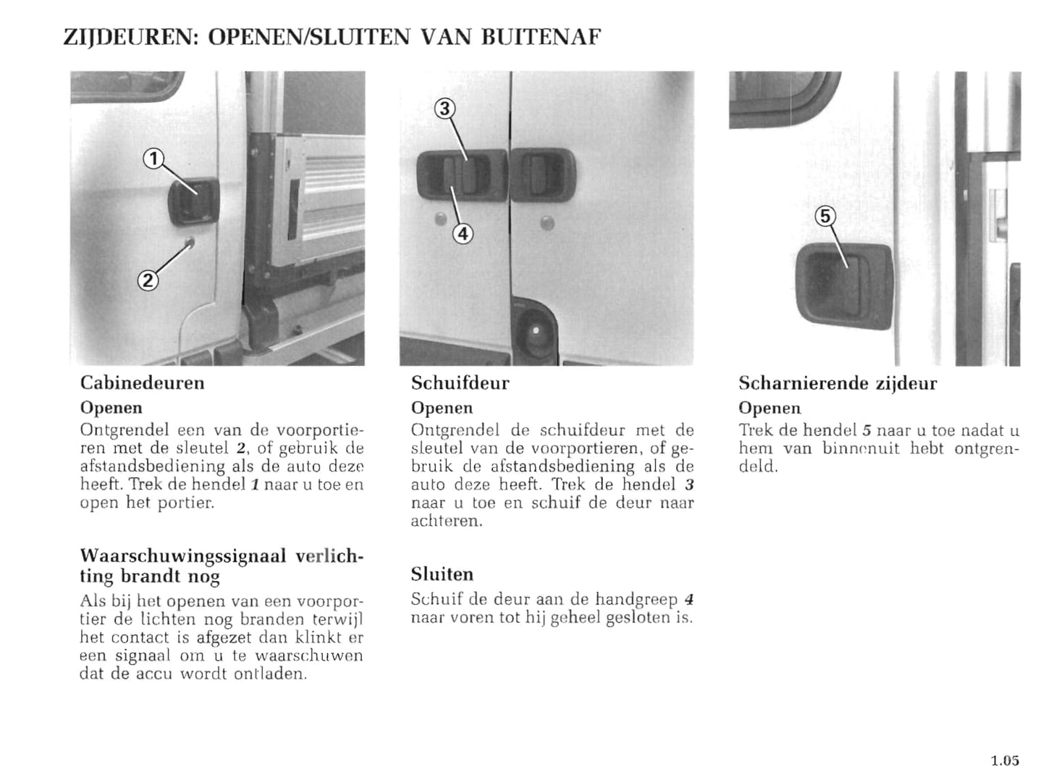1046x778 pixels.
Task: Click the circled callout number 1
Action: coord(153,159)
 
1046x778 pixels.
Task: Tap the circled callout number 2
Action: coord(147,280)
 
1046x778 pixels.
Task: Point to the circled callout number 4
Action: coord(463,234)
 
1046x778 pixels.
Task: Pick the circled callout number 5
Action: coord(825,216)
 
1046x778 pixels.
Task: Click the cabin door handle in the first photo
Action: coord(193,201)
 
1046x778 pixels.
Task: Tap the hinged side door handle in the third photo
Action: coord(843,281)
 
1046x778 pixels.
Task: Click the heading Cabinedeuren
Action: coord(142,382)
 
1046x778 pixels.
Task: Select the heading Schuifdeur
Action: coord(460,382)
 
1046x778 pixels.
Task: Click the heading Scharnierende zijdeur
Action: coord(837,383)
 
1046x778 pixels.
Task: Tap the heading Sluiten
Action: coord(442,574)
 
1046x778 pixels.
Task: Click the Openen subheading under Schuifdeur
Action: coord(442,408)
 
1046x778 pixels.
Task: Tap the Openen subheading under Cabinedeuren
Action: coord(111,408)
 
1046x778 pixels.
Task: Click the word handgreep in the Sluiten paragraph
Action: coord(637,599)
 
